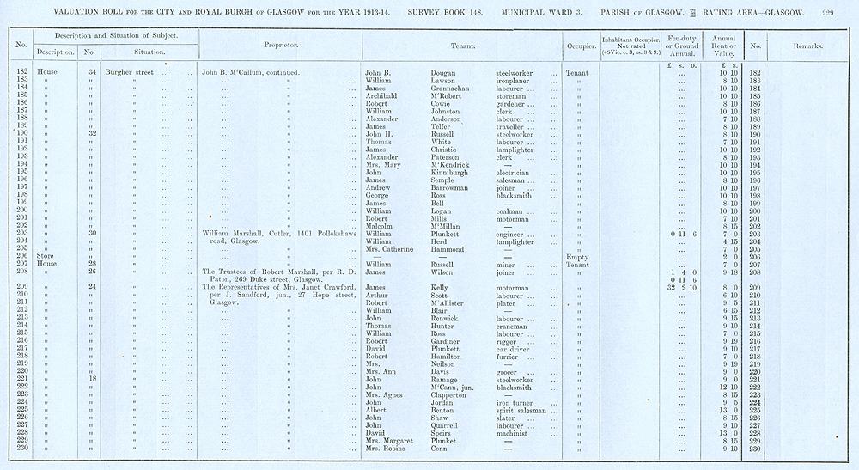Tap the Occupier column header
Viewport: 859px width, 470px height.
point(576,45)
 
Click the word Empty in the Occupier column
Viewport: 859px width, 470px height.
point(576,256)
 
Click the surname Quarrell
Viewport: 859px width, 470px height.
point(448,425)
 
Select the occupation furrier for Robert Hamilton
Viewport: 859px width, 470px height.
point(511,356)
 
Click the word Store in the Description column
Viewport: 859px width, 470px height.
point(46,256)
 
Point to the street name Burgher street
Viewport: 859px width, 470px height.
point(129,72)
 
